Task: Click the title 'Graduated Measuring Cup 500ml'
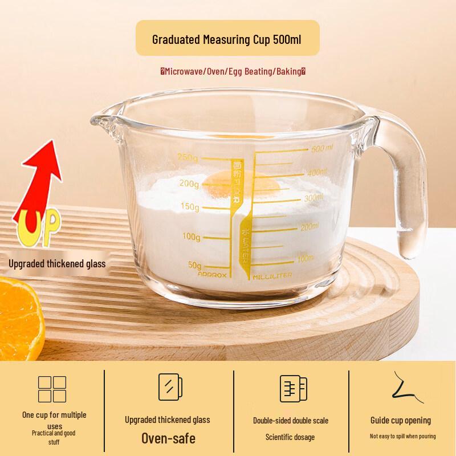227,40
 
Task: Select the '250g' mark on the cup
188,157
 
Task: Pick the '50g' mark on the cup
194,265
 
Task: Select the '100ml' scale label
306,259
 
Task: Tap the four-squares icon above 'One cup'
52,389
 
